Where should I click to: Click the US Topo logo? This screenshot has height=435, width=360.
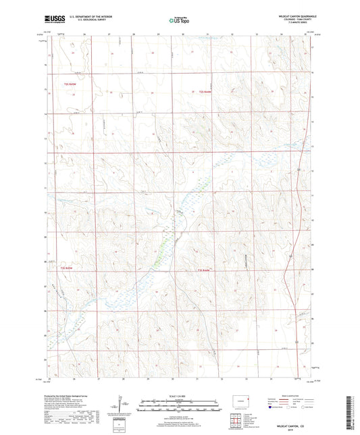coord(180,20)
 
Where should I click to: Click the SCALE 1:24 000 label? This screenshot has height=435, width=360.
coord(179,394)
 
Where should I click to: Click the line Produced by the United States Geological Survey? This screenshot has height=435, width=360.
coord(68,398)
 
